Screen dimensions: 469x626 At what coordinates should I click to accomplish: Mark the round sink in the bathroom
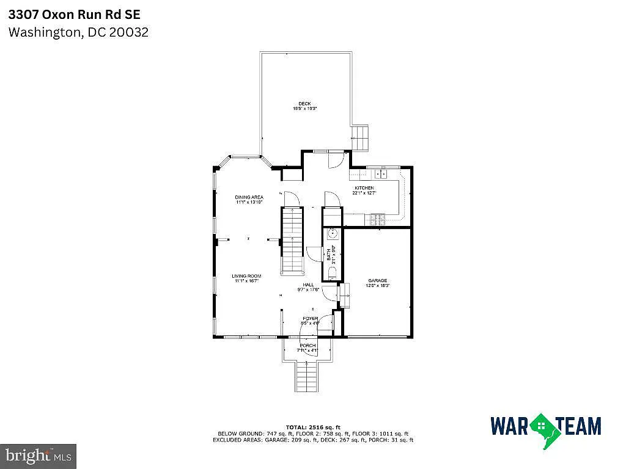pyautogui.click(x=333, y=234)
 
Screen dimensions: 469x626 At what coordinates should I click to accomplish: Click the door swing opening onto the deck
pyautogui.click(x=336, y=158)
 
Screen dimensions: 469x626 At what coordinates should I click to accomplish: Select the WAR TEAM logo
pyautogui.click(x=545, y=426)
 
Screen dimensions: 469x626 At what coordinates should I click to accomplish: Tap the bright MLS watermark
pyautogui.click(x=38, y=455)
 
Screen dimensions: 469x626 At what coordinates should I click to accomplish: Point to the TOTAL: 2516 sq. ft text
pyautogui.click(x=313, y=427)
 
